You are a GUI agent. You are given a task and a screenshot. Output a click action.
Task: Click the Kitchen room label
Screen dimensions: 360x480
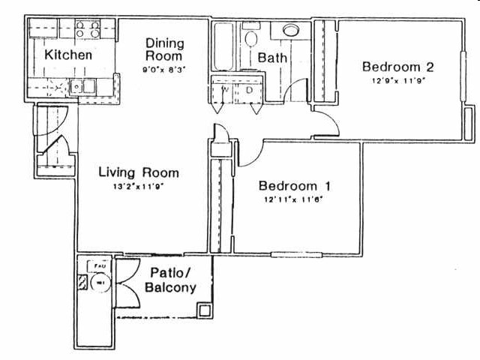coord(68,55)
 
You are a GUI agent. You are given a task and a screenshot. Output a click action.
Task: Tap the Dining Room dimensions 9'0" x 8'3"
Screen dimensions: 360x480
coord(164,69)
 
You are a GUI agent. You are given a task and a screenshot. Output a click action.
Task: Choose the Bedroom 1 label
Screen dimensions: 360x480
coord(295,186)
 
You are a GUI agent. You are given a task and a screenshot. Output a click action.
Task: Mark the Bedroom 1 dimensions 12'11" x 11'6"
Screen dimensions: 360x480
coord(295,200)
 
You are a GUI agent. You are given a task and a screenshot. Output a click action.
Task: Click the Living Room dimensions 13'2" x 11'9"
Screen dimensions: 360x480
coord(139,187)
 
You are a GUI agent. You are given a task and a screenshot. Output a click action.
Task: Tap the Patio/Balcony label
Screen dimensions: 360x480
coord(172,280)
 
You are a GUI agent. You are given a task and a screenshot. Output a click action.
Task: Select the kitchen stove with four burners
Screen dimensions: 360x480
coord(88,30)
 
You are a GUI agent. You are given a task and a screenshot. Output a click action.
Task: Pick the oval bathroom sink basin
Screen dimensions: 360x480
coord(289,31)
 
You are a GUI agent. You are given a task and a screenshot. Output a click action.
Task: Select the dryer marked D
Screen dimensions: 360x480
coord(250,89)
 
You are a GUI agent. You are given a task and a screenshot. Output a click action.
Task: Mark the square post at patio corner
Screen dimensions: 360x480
coord(204,310)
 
